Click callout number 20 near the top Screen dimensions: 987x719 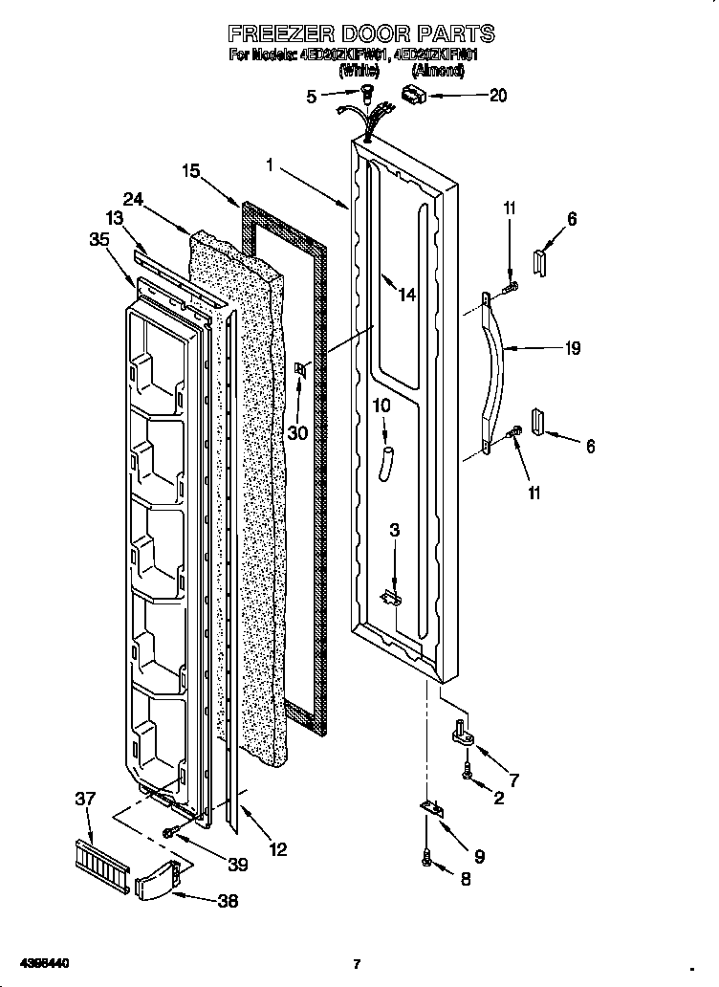[x=497, y=95]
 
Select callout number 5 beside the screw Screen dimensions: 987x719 [x=311, y=95]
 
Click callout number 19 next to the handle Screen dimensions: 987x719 [x=573, y=349]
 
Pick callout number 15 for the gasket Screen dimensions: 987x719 [x=191, y=171]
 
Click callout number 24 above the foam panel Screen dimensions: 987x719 [x=133, y=199]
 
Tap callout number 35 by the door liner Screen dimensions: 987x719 [x=99, y=240]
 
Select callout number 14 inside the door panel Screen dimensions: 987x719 [x=407, y=295]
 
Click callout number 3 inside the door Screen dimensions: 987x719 [x=395, y=530]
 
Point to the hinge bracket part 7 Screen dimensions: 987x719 [x=463, y=734]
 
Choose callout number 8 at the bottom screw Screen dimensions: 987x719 [x=466, y=879]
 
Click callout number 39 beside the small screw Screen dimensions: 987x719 [x=237, y=865]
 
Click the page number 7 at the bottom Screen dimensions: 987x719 [x=356, y=963]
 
